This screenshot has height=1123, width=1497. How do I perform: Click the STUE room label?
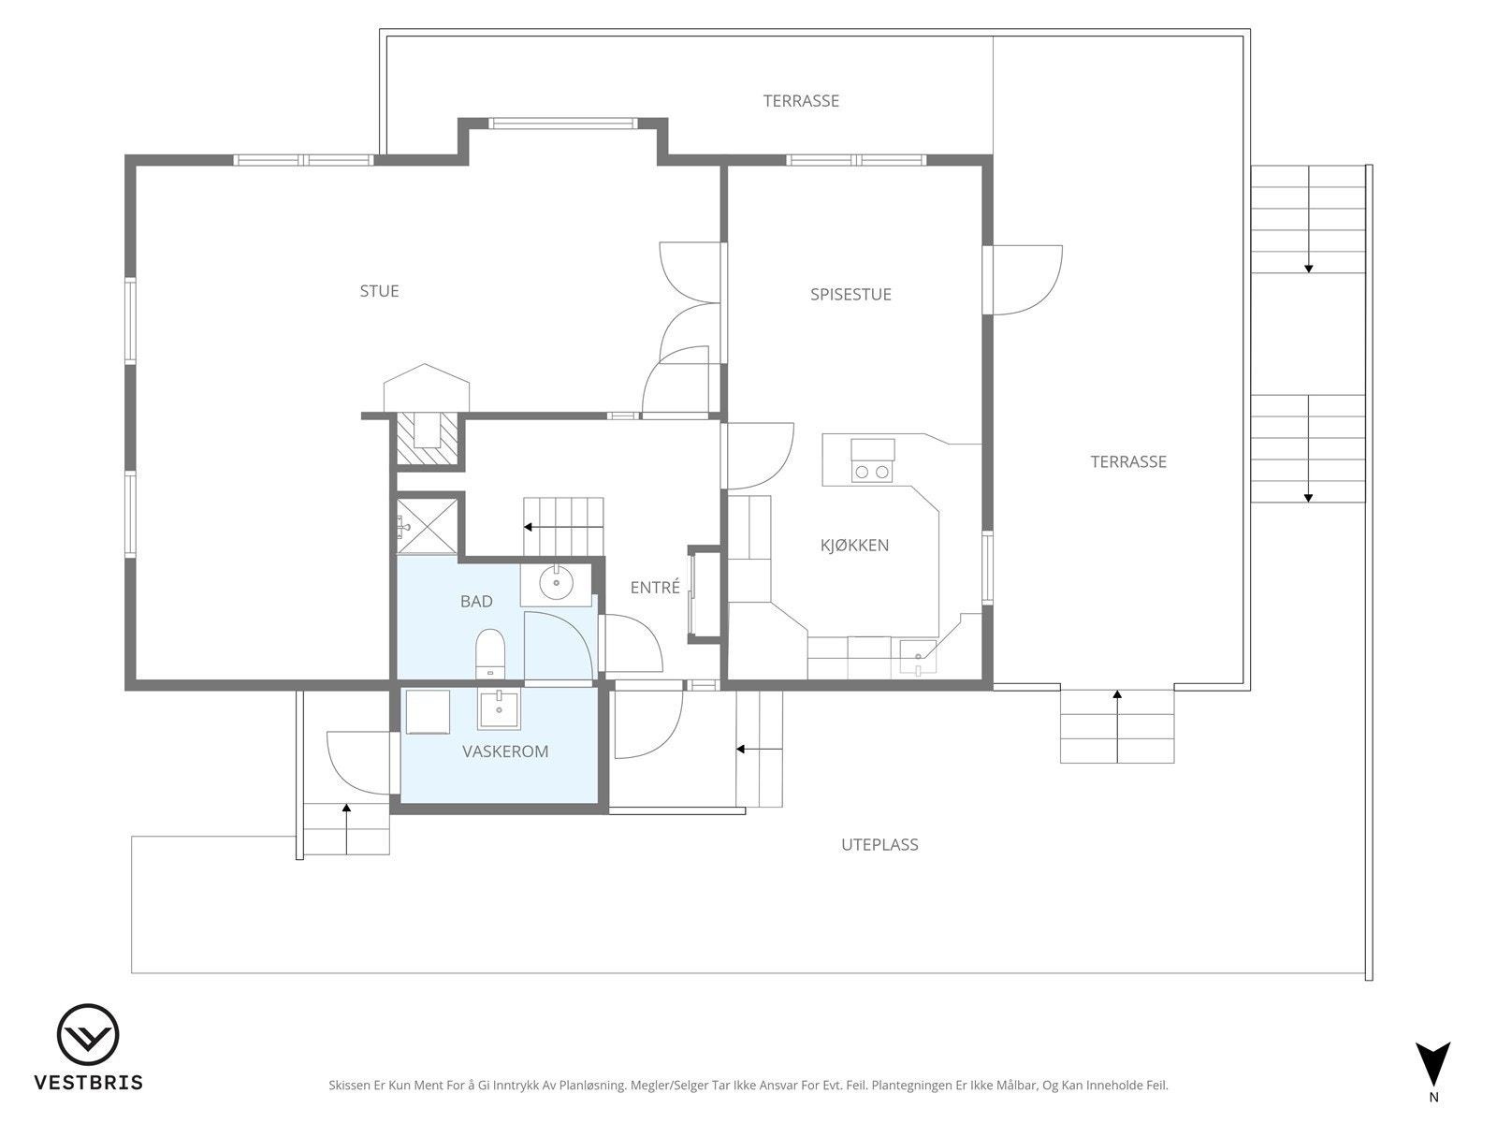point(379,291)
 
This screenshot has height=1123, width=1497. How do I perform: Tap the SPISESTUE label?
point(850,295)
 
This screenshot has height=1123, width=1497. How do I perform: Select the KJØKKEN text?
point(854,546)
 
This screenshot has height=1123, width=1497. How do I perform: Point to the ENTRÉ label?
point(655,587)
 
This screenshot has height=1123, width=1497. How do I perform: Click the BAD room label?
point(476,602)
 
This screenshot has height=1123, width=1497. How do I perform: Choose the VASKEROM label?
point(505,751)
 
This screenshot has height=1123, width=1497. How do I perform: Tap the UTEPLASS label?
point(879,845)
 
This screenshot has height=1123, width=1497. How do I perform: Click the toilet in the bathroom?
point(489,653)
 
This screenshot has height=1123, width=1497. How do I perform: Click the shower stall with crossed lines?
point(428,526)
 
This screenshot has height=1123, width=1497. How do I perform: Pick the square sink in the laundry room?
point(500,709)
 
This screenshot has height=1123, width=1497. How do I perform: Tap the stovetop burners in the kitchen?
point(872,471)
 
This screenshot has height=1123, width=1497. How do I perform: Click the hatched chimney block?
point(428,438)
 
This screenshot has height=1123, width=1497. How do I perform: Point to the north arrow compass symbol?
point(1432,1069)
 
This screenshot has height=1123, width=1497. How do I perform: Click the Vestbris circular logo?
point(88,1034)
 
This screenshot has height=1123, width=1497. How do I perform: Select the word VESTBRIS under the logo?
point(89,1083)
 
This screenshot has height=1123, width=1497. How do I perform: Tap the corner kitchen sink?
point(918,657)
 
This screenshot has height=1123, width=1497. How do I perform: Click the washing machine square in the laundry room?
point(428,712)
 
